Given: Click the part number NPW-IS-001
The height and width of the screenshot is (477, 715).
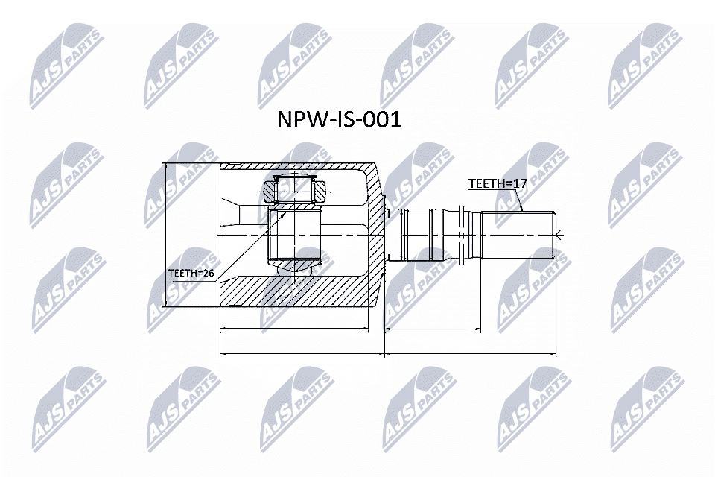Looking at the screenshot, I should point(339,120).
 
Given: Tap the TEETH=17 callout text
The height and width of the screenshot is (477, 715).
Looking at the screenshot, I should point(492,183).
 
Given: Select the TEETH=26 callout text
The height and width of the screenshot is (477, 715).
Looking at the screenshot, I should point(191,274).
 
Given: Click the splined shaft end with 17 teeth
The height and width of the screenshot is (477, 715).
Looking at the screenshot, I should point(518,235).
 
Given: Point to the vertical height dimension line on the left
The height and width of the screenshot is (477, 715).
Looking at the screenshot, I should point(165,235).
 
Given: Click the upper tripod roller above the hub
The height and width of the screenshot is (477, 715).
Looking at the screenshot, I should point(295,189).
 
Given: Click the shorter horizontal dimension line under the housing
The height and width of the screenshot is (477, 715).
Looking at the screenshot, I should point(295,328).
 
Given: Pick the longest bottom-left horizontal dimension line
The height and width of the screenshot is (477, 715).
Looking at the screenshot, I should point(302,353).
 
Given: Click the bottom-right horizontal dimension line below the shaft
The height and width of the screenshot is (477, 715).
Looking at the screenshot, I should point(471,353).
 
